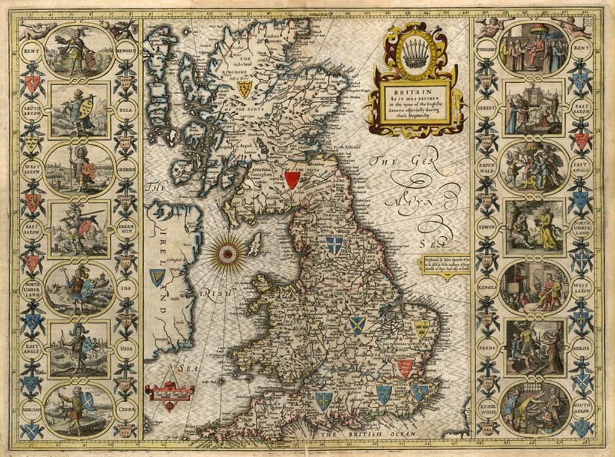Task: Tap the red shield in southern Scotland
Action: tap(292, 179)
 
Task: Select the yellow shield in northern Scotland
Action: tap(244, 89)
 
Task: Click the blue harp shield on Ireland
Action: tap(157, 276)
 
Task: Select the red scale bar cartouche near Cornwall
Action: tap(169, 392)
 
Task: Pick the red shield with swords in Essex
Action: tap(405, 368)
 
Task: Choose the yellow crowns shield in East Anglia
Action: tap(422, 329)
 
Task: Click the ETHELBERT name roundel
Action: tap(485, 50)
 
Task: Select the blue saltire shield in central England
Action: tap(357, 324)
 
